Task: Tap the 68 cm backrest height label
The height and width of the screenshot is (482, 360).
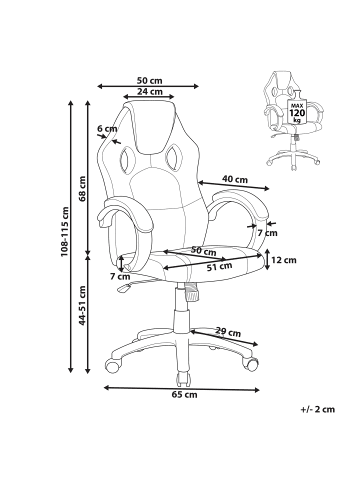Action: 82,189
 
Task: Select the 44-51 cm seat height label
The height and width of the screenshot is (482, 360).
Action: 82,305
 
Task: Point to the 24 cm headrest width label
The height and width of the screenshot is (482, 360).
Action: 150,91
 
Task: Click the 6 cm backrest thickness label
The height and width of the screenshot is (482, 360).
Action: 107,129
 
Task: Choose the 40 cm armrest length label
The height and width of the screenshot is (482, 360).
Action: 235,180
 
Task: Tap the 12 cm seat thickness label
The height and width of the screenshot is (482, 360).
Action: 283,260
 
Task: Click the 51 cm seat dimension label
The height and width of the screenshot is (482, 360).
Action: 219,267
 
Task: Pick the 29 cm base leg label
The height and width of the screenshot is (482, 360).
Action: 228,332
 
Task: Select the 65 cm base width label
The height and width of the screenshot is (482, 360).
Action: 184,395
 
